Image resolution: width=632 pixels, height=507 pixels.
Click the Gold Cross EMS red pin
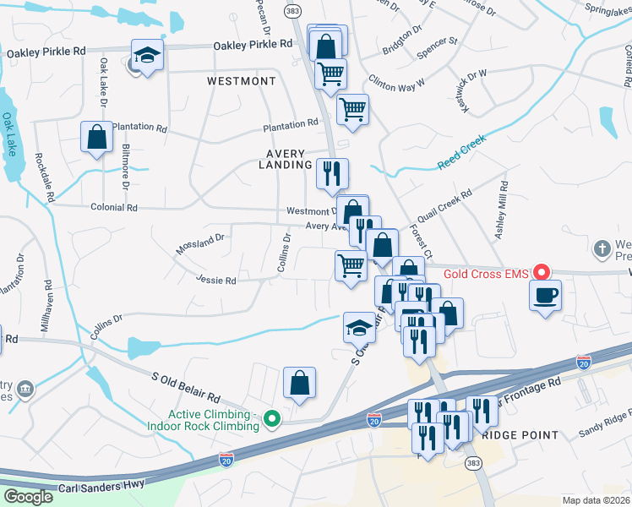point(544,273)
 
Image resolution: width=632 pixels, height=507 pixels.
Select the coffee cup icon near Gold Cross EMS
point(545,295)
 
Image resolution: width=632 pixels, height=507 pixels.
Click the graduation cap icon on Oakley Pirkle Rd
point(148,55)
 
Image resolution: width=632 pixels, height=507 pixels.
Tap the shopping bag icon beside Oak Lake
point(97,136)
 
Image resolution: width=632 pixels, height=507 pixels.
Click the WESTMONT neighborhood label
point(242,81)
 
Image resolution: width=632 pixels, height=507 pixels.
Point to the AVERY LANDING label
point(285,159)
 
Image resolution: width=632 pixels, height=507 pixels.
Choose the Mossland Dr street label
point(199,244)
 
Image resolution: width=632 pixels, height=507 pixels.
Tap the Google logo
point(29,496)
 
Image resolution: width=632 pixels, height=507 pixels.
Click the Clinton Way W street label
point(397,84)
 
